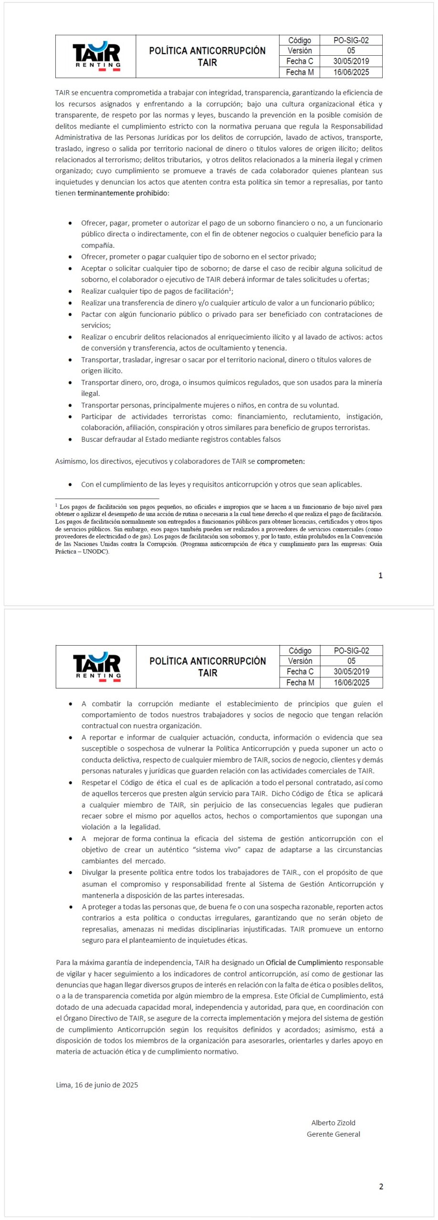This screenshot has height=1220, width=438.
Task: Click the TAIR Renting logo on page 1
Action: click(96, 56)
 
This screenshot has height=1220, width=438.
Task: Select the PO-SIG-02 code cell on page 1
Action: click(351, 41)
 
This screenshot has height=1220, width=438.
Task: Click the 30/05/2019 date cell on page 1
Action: click(351, 61)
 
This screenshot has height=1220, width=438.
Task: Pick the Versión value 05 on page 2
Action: click(351, 661)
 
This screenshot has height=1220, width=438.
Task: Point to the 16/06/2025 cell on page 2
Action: click(351, 682)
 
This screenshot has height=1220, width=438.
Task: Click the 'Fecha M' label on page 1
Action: click(300, 72)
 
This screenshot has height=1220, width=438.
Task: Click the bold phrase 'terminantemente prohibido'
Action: click(123, 193)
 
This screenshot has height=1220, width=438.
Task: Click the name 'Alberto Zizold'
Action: click(333, 1123)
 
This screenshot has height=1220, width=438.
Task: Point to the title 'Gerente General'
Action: click(333, 1134)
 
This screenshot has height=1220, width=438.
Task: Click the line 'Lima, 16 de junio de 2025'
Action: click(97, 1085)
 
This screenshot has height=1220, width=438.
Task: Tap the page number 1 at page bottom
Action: click(380, 575)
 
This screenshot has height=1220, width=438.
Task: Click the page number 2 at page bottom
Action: click(381, 1187)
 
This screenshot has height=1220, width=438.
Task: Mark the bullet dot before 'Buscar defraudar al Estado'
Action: click(71, 439)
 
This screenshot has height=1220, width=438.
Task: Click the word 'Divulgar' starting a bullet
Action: click(95, 873)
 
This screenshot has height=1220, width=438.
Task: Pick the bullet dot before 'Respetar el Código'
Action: click(71, 783)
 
